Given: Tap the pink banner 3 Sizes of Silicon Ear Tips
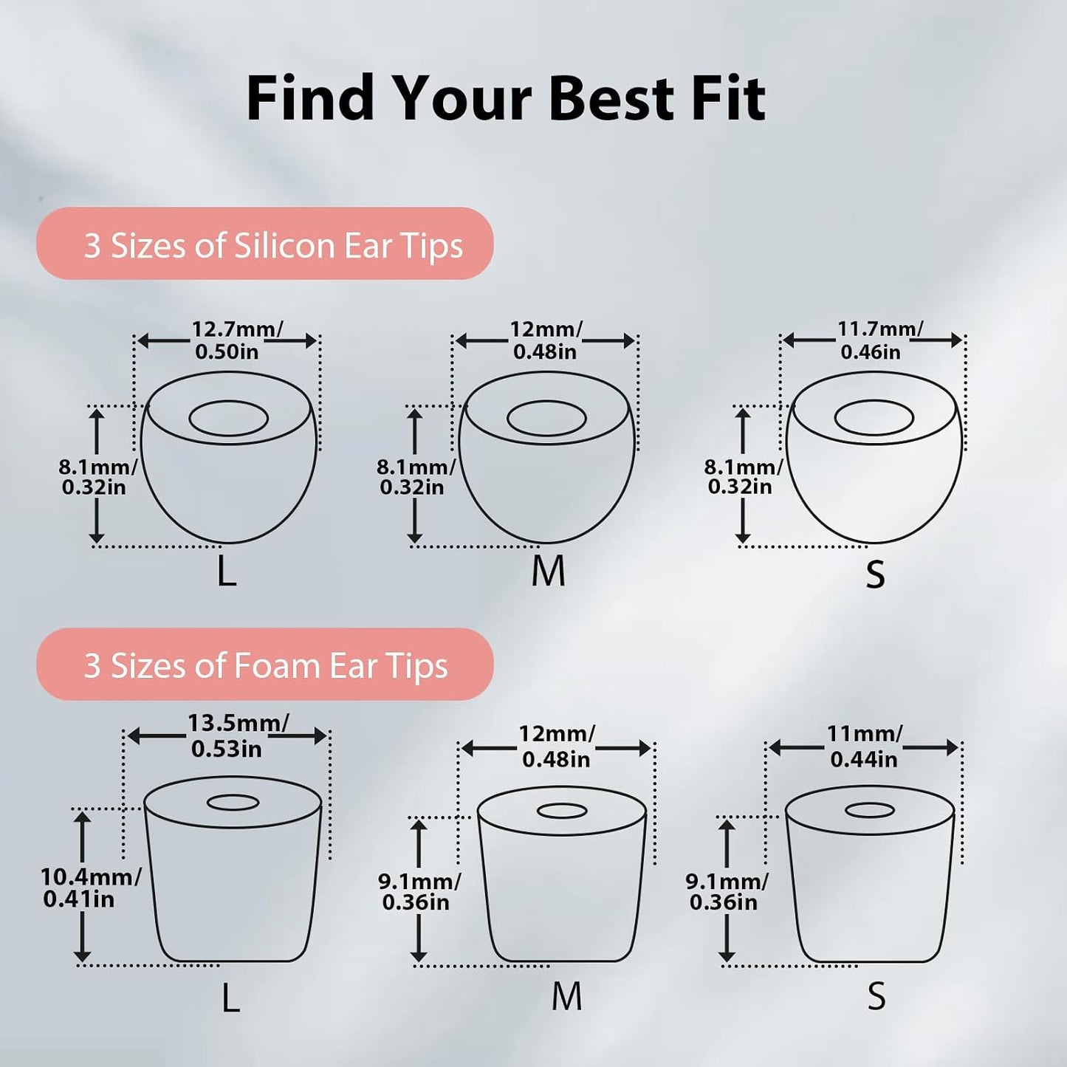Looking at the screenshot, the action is pyautogui.click(x=264, y=243).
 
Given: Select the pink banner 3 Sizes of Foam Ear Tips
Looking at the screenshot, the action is pyautogui.click(x=264, y=664).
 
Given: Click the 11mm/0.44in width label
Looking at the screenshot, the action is pyautogui.click(x=864, y=746).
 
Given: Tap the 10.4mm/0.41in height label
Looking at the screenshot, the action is pyautogui.click(x=91, y=888).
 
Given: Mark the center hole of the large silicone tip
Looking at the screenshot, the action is pyautogui.click(x=229, y=418).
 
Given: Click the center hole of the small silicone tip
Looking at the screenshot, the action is pyautogui.click(x=874, y=418).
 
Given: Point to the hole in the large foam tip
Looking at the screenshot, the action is pyautogui.click(x=233, y=803).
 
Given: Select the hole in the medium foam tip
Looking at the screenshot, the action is pyautogui.click(x=562, y=812).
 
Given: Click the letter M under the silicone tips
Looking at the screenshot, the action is pyautogui.click(x=548, y=571).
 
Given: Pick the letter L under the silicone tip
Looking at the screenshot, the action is pyautogui.click(x=227, y=571).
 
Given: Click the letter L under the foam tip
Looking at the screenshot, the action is pyautogui.click(x=230, y=997).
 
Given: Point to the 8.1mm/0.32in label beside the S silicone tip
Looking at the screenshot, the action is pyautogui.click(x=743, y=477).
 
